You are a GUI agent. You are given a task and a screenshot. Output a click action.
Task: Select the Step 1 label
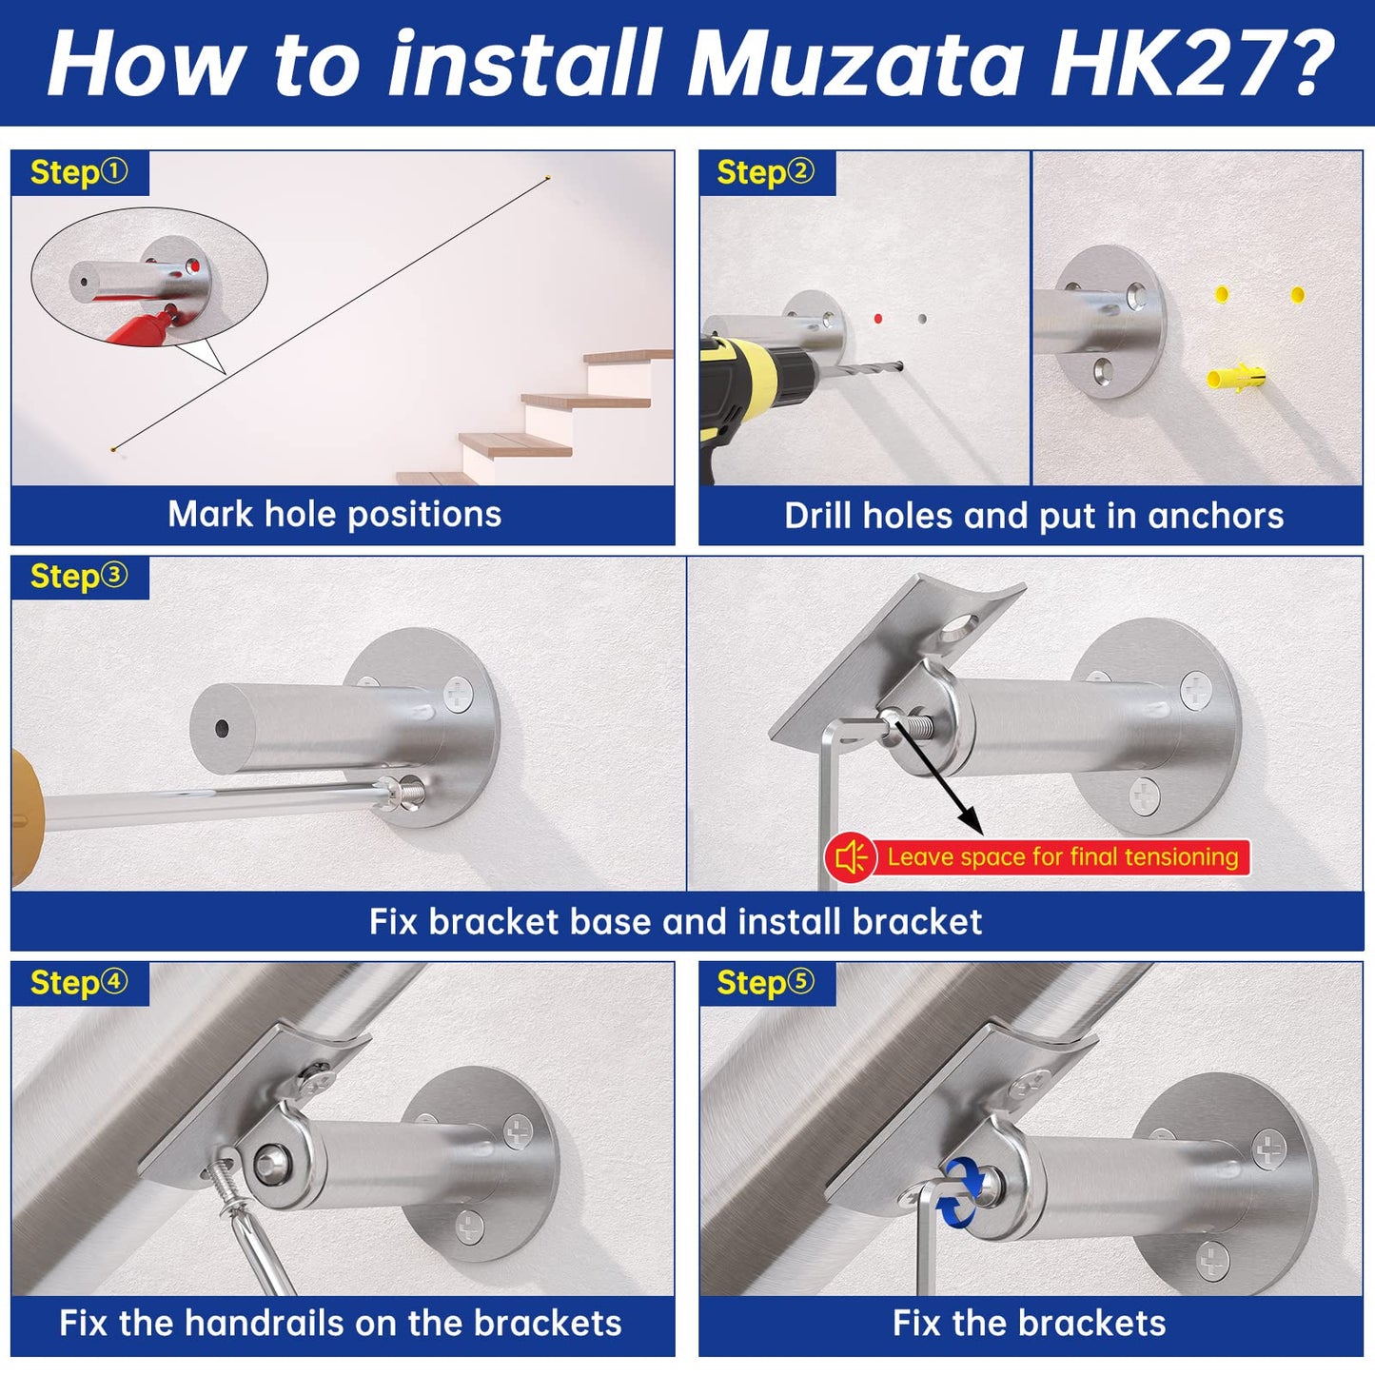click(x=79, y=172)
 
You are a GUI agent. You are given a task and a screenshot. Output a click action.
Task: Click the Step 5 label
click(x=766, y=983)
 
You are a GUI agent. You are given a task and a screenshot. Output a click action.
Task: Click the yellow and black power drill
click(x=752, y=381)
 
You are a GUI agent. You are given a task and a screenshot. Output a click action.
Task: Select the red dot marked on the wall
click(x=877, y=319)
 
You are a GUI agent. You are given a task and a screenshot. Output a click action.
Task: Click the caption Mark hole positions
click(x=334, y=515)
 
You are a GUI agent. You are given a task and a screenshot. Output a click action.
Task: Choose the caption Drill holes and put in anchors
click(x=1033, y=516)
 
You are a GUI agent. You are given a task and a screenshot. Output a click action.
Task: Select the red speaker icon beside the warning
click(x=850, y=857)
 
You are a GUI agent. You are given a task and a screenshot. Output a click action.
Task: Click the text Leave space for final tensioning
click(x=1062, y=857)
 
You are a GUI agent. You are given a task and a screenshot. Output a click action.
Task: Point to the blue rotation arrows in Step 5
click(x=962, y=1189)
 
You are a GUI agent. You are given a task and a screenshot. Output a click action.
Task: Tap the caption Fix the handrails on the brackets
click(x=341, y=1324)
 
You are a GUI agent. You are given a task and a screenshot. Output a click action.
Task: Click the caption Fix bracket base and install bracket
click(x=676, y=921)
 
